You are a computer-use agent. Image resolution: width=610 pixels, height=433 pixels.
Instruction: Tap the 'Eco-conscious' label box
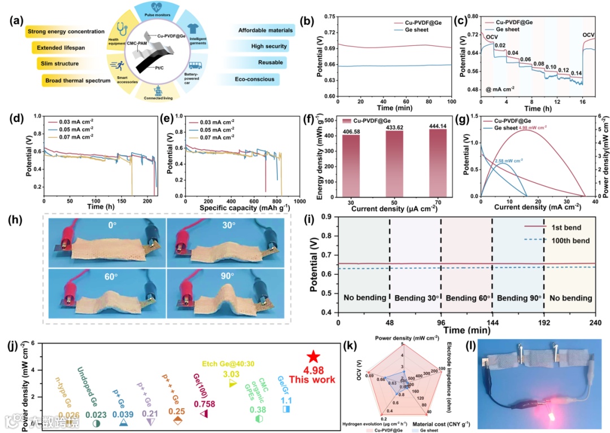click(x=254, y=79)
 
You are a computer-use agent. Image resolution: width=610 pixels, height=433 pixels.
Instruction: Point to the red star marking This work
click(x=313, y=356)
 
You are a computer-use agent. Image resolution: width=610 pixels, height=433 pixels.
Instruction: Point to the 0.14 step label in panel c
click(x=576, y=73)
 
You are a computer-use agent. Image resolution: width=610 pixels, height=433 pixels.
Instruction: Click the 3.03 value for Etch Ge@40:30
click(x=232, y=374)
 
